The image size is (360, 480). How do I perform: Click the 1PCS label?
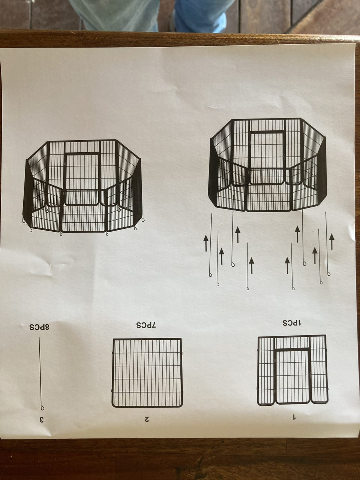coord(292,323)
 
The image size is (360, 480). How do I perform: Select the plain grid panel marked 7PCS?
coord(147,373)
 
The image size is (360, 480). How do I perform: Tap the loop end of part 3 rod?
coord(42,408)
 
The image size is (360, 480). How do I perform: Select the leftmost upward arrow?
coord(205,243)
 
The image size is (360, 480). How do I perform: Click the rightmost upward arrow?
coord(331,241)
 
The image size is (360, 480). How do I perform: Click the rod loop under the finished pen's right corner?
coord(143,219)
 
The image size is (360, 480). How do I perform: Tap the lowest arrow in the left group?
coord(252,266)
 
